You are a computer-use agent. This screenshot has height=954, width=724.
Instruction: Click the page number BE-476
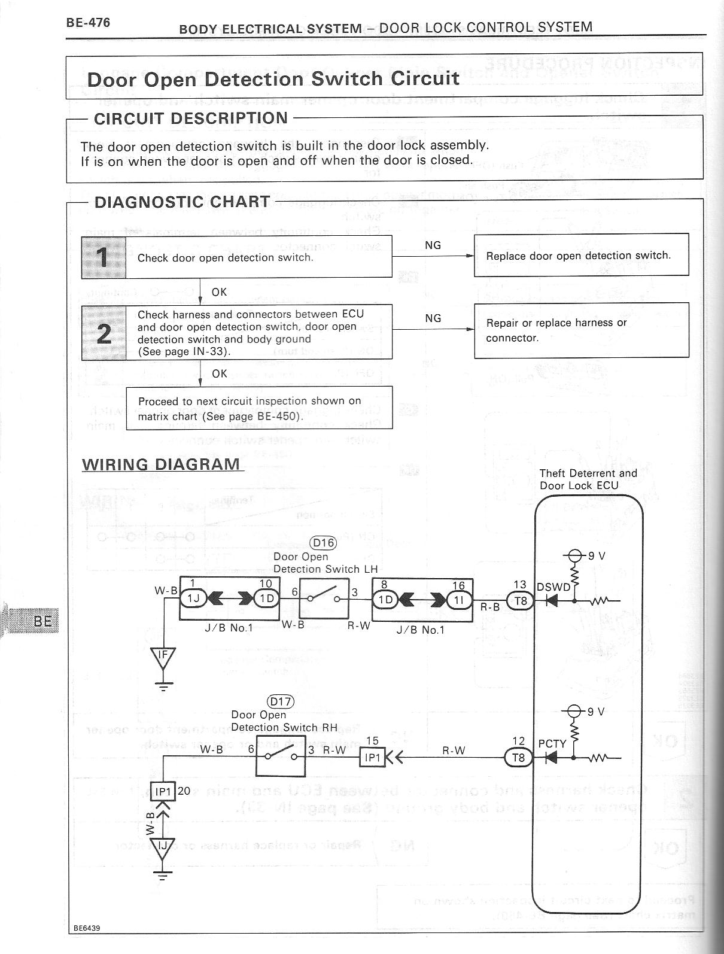tap(89, 23)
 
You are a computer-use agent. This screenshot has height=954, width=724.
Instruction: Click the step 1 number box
tap(104, 257)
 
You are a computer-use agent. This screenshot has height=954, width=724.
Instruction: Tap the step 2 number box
tap(104, 332)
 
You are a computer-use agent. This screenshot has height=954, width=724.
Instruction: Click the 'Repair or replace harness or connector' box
tap(581, 330)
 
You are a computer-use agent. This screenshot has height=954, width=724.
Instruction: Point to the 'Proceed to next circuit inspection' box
tap(259, 408)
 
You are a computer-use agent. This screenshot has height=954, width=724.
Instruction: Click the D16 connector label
tap(323, 543)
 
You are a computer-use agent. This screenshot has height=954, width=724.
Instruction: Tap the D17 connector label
tap(281, 701)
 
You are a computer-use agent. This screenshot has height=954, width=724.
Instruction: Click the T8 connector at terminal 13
tap(521, 600)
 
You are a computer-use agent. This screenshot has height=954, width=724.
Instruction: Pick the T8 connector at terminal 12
tap(518, 757)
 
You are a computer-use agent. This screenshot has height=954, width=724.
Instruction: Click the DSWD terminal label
tap(553, 587)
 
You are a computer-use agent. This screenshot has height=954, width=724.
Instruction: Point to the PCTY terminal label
tap(552, 744)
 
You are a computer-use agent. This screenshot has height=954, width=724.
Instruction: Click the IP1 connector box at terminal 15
tap(372, 758)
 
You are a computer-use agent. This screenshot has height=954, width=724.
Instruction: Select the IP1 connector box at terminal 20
tap(163, 791)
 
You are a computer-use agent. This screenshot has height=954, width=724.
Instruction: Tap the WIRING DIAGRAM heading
tap(161, 464)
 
